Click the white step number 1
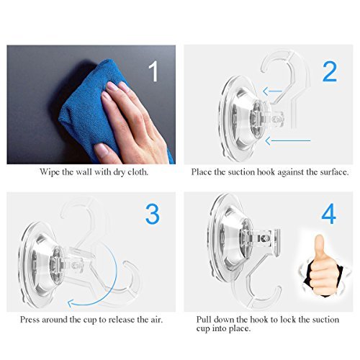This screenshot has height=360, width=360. click(154, 71)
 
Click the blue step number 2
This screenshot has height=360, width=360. click(330, 71)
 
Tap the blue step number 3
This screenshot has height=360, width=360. click(153, 214)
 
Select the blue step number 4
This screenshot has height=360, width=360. click(329, 214)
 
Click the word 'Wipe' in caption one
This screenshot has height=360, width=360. click(50, 172)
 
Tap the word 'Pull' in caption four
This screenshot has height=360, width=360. click(204, 320)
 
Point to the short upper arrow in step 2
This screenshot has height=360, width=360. click(272, 91)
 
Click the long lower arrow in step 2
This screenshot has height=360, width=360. click(288, 141)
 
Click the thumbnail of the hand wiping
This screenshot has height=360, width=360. click(91, 104)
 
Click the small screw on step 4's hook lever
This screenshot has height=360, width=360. click(264, 238)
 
